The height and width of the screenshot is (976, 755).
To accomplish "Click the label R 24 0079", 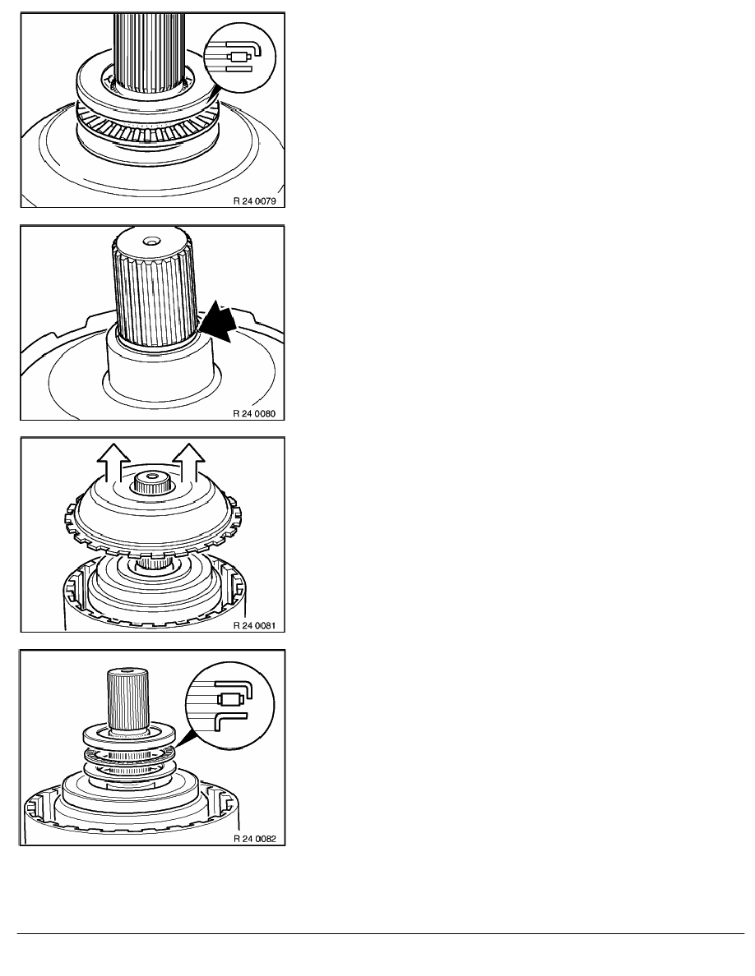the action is [254, 201].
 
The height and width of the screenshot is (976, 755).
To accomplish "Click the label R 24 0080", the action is [254, 413].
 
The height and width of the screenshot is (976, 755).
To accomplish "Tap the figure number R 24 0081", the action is [254, 625].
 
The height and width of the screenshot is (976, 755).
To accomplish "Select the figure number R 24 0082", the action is [254, 839].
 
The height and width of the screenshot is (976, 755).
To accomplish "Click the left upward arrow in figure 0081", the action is [114, 463].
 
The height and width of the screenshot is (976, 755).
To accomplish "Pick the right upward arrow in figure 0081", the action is [189, 463].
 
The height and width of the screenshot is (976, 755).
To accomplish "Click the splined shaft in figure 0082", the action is [128, 698].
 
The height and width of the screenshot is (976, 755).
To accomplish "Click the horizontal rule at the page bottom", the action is [381, 933].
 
